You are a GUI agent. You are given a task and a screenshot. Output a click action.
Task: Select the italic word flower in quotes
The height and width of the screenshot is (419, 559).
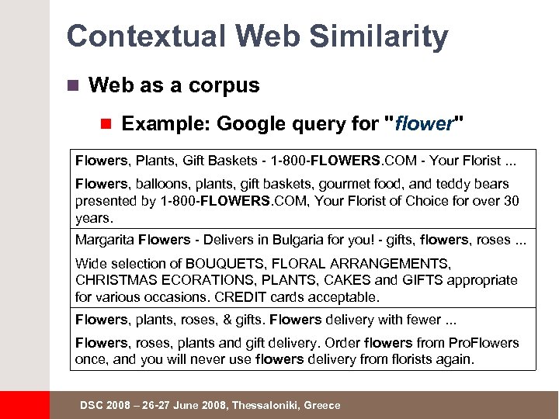[424, 124]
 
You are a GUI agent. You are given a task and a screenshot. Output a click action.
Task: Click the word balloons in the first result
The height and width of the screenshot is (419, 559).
[160, 184]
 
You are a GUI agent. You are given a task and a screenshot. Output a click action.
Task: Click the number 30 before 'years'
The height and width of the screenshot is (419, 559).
[511, 201]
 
